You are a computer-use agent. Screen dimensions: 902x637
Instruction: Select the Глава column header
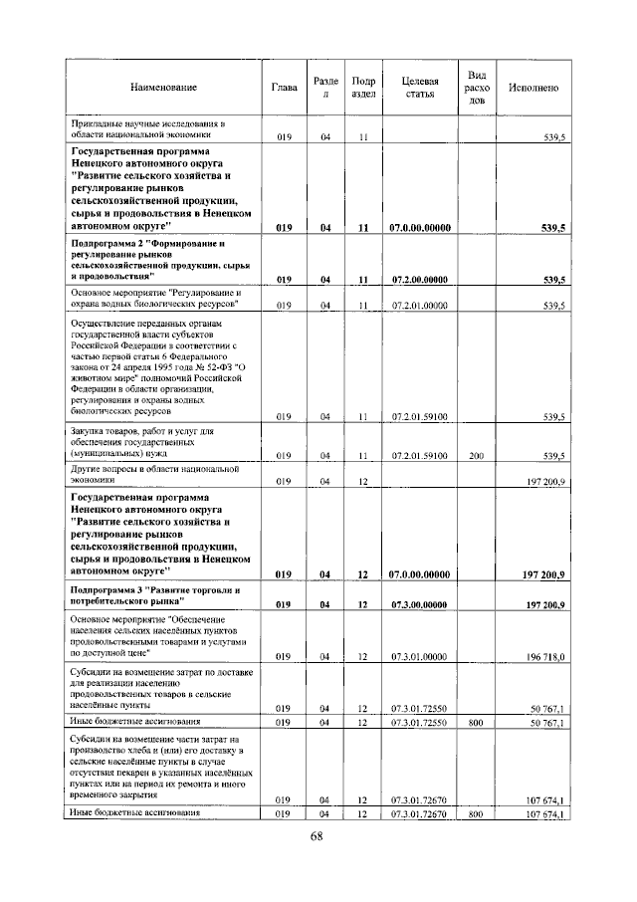point(284,88)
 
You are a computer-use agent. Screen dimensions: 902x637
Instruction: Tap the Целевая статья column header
point(419,88)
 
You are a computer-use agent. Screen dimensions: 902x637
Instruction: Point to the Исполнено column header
point(532,88)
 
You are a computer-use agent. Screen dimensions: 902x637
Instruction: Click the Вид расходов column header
point(477,88)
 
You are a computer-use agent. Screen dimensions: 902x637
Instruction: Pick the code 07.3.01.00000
point(419,657)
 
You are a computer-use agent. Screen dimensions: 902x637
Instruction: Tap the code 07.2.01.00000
point(419,305)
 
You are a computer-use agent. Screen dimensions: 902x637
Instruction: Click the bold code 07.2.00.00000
point(419,280)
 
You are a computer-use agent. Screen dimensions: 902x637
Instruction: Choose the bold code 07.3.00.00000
point(419,604)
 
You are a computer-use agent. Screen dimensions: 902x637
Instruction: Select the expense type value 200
point(476,455)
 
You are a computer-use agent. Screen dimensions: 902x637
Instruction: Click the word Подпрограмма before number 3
point(105,589)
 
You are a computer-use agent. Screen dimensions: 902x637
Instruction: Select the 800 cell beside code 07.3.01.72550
point(476,721)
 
